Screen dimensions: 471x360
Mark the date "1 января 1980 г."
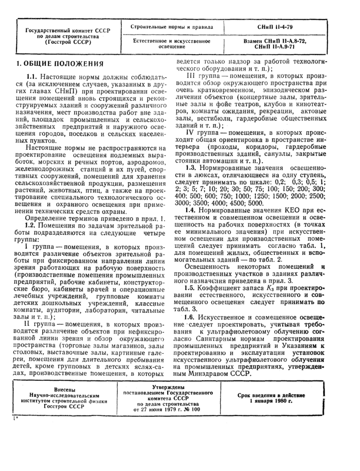[x=271, y=400]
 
